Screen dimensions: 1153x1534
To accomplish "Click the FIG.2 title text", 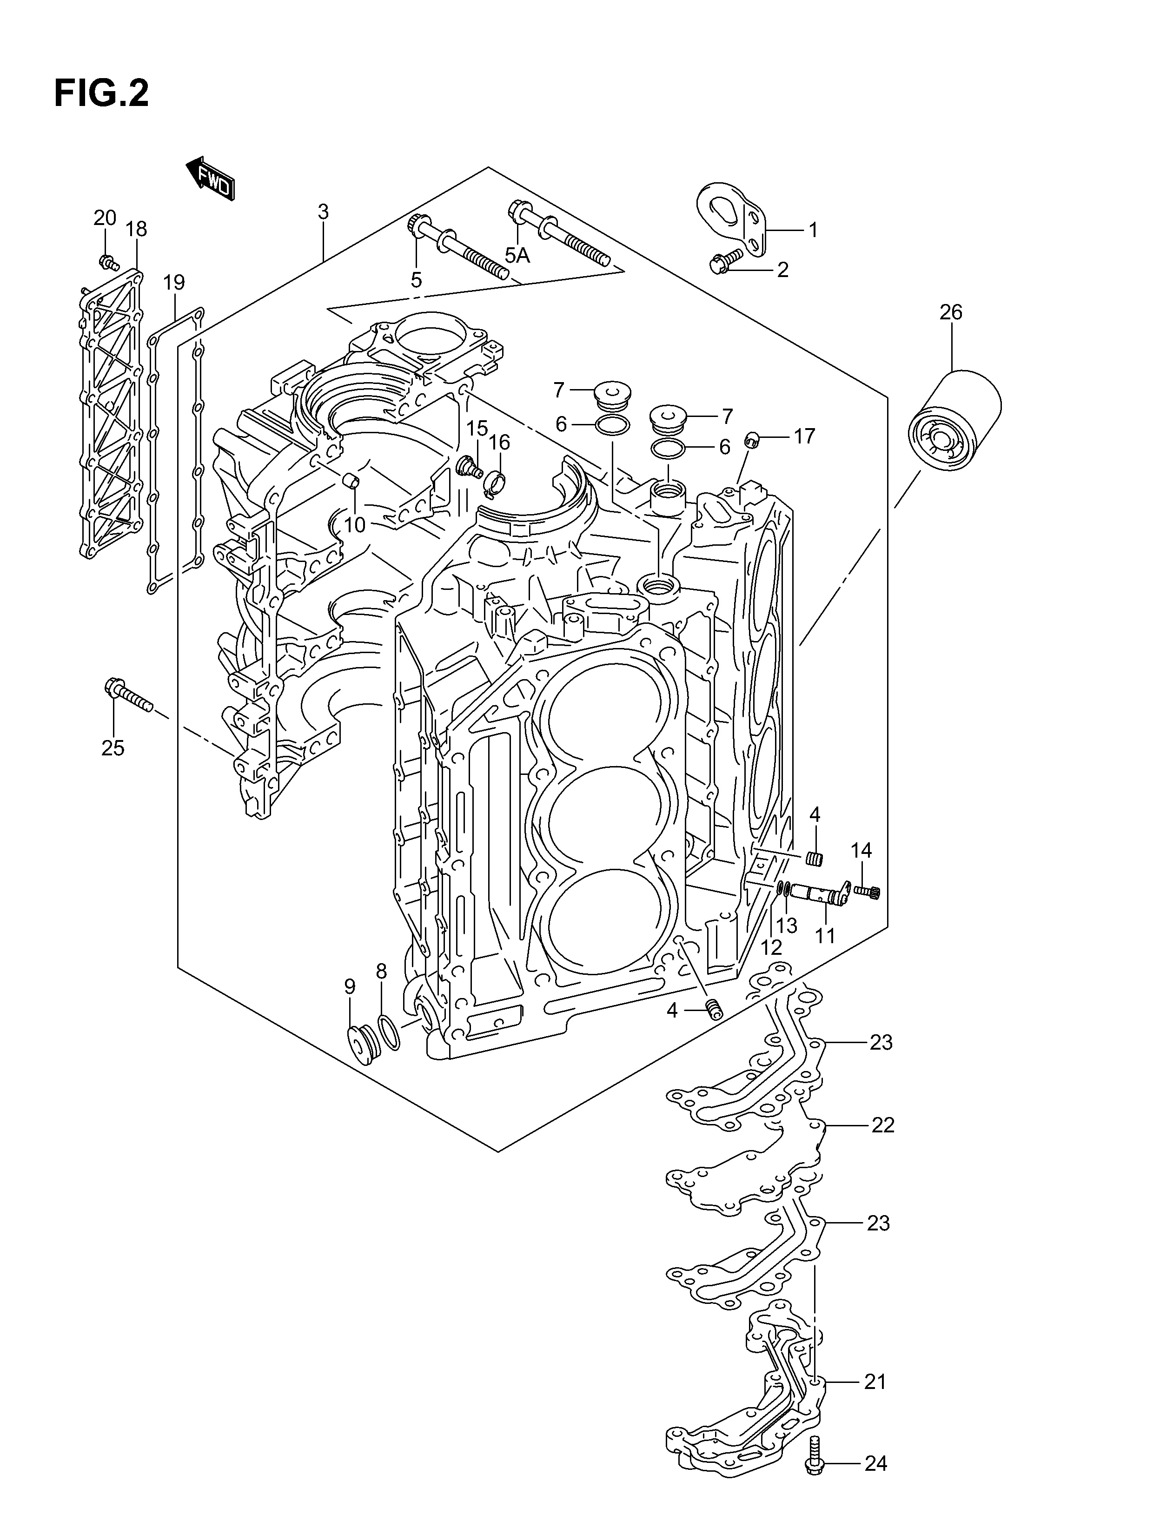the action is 101,93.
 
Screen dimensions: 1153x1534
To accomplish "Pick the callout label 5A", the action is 517,256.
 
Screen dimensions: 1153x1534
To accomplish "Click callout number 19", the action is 174,282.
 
